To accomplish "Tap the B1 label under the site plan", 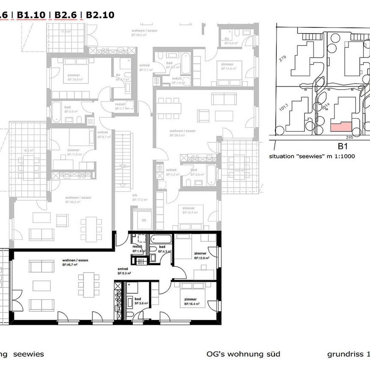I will [x=342, y=146].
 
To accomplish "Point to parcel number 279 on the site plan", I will [x=282, y=58].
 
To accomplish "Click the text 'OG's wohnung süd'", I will [x=243, y=354].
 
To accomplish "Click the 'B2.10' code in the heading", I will [x=100, y=15].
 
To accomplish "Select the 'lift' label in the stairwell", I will [x=144, y=221].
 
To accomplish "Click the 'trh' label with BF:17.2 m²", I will [x=135, y=195].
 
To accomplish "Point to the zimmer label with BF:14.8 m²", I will [x=227, y=64].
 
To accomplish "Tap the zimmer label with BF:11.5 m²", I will [x=73, y=150].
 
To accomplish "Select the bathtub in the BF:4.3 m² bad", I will [x=159, y=238].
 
